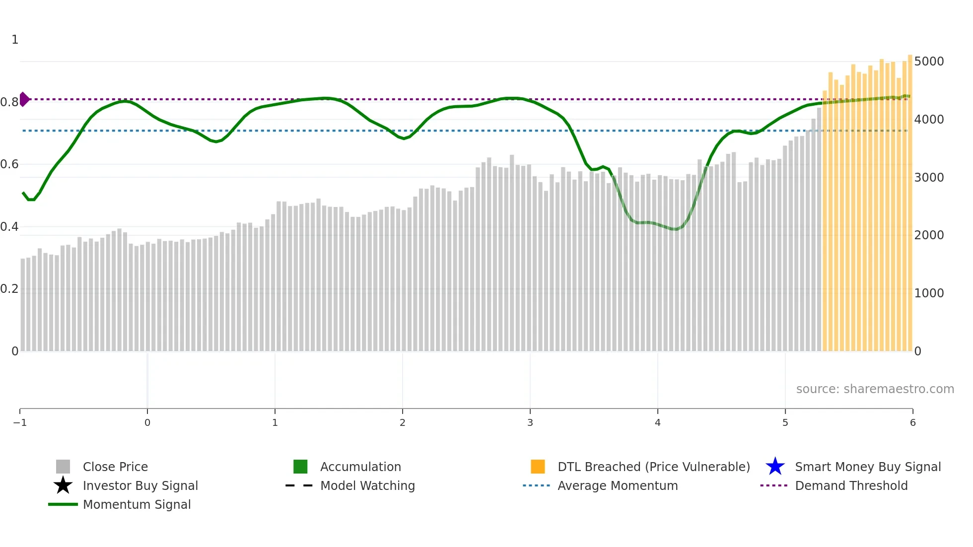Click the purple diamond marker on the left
pos(24,99)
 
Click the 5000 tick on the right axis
pos(929,62)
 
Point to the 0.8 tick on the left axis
pos(9,102)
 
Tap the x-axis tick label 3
pos(530,423)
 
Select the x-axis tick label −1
pos(20,423)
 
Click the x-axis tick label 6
pos(912,423)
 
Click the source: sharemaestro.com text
pos(875,389)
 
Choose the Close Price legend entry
pos(115,467)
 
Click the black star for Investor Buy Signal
pos(63,485)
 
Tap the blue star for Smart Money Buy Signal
pos(775,467)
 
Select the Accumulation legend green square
pos(300,467)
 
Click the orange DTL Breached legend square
pos(538,467)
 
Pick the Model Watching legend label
pos(367,486)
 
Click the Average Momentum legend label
pos(618,486)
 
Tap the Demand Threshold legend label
pos(851,486)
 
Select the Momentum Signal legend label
pos(137,505)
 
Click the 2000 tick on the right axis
pos(929,235)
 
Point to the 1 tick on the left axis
pos(15,40)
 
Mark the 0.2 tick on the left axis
pos(9,289)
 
